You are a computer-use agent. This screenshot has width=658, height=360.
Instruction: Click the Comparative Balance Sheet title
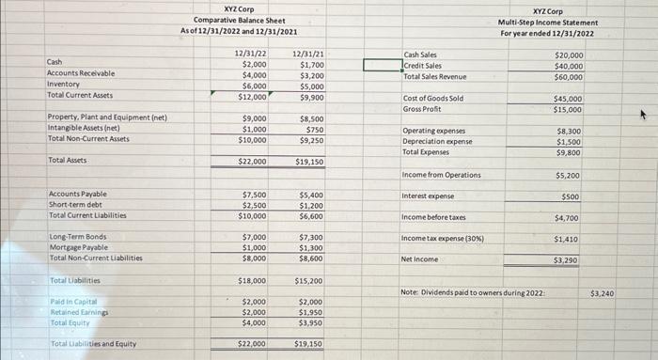(x=239, y=20)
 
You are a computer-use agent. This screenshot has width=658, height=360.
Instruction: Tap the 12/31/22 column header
(x=249, y=54)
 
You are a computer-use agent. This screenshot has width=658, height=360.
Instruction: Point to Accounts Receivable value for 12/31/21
(x=312, y=75)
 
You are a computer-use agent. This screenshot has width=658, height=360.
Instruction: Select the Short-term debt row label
(x=76, y=205)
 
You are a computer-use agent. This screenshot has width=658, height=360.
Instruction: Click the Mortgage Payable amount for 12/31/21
(x=311, y=247)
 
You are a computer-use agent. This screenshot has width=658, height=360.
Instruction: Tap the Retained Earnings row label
(x=78, y=312)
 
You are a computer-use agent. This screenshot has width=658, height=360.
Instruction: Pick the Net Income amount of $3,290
(x=566, y=260)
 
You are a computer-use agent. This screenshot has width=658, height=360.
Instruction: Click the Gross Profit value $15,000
(x=567, y=109)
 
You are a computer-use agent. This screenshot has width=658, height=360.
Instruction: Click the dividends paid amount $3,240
(x=602, y=294)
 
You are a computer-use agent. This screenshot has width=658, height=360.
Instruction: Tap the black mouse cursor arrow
(x=644, y=116)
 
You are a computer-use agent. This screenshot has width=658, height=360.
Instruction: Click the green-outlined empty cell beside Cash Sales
(x=382, y=66)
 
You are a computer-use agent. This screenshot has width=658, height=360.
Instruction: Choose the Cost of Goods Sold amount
(x=567, y=99)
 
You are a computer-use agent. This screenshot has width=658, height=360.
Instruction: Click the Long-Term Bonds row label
(x=78, y=237)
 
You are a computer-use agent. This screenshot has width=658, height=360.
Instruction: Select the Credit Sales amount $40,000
(x=569, y=66)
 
